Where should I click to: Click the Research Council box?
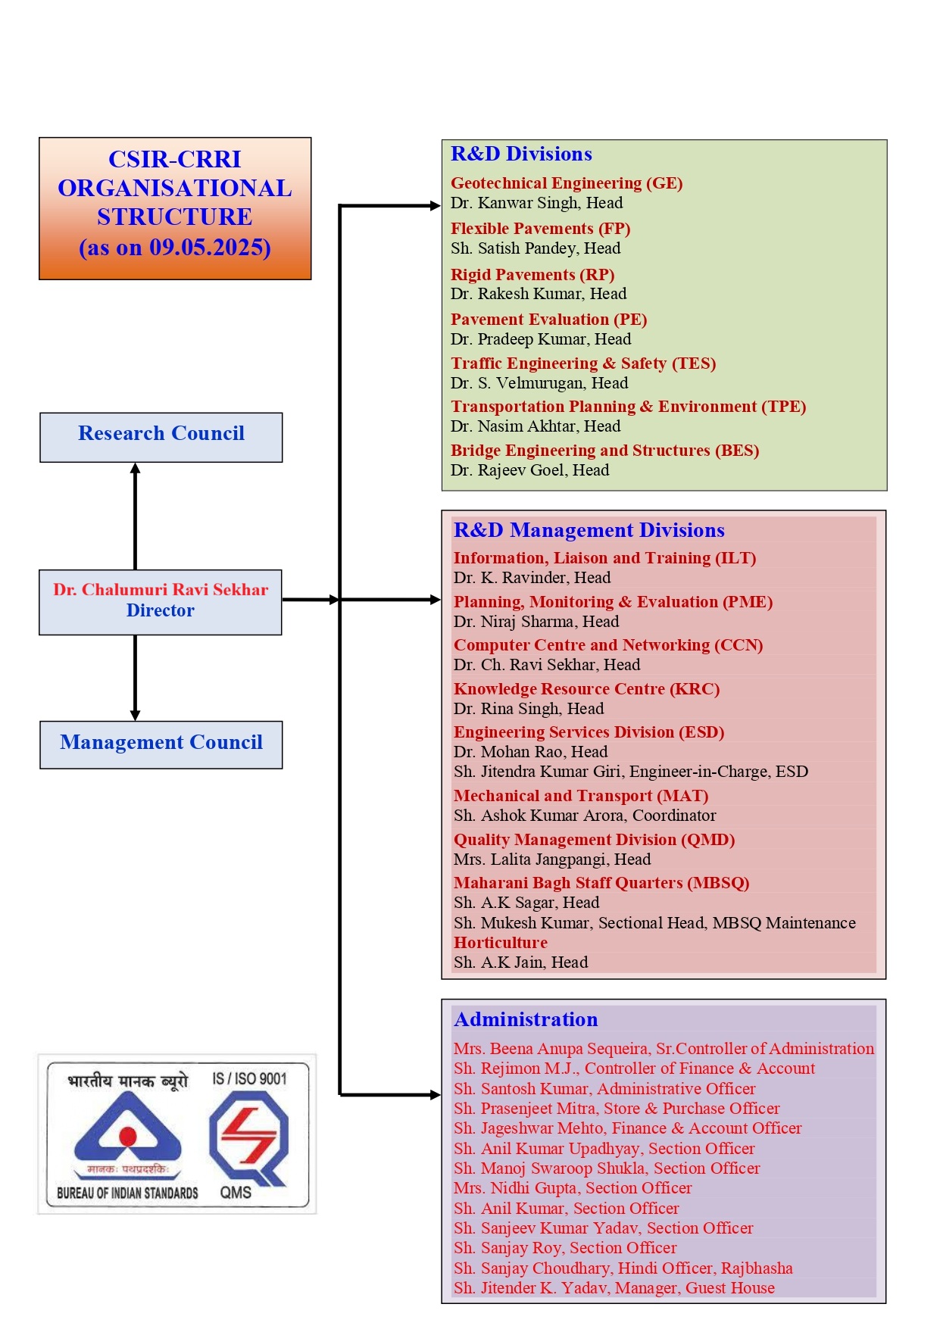tap(161, 437)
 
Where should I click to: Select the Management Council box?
tap(161, 744)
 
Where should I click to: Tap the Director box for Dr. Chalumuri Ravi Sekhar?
tap(161, 602)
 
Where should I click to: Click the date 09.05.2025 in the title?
tap(210, 248)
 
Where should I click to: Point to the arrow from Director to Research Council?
tap(136, 515)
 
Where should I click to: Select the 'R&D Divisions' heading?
tap(521, 154)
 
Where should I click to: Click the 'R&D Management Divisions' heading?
tap(589, 530)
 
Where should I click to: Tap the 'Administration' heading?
tap(526, 1019)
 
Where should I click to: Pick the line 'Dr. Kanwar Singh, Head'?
tap(536, 203)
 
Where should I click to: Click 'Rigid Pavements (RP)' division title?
tap(532, 274)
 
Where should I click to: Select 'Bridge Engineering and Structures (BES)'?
tap(604, 451)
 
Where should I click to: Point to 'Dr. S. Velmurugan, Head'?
tap(539, 383)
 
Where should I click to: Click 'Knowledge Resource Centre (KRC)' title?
tap(586, 689)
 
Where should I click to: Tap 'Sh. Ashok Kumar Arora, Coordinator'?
tap(585, 816)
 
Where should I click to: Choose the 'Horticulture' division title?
tap(500, 943)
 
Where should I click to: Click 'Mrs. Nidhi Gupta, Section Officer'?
tap(573, 1188)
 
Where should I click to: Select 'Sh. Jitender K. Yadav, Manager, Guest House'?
tap(614, 1288)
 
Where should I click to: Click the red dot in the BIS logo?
tap(128, 1136)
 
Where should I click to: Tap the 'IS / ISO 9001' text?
tap(249, 1078)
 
